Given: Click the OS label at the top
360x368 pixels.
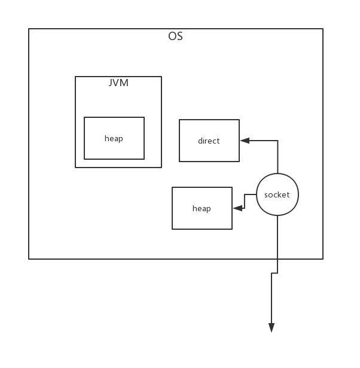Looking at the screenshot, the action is pos(175,37).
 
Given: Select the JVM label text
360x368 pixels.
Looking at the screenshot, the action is pos(118,83).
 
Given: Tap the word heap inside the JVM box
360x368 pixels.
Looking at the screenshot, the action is pos(114,138).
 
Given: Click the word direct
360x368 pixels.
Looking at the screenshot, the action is pos(209,141).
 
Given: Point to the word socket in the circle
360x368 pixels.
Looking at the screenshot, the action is pos(277,194).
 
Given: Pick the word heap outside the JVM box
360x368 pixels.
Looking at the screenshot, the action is pos(202,208).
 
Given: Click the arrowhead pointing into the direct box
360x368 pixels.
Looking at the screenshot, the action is pos(245,141).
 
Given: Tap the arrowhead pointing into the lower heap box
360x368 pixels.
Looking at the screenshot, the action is pos(237,208).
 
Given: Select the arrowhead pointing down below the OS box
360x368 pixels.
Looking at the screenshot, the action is pos(271,328).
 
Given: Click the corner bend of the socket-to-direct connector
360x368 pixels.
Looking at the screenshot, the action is pos(278,141).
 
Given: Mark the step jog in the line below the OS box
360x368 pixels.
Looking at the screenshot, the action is pos(274,273).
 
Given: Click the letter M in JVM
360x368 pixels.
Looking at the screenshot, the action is pos(124,83).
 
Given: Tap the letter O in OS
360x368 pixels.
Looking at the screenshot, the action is pos(172,37).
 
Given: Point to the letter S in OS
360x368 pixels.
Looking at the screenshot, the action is pos(180,37).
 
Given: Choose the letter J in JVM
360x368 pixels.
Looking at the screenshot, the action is pos(111,83).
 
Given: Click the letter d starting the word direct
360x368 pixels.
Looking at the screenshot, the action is pos(200,141).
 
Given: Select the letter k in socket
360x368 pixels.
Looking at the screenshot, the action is pos(281,194).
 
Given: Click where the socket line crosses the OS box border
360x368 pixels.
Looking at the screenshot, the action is pos(277,259).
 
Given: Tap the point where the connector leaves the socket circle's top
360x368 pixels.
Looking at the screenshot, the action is pos(278,174).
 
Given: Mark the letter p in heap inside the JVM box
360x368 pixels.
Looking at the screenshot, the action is pos(121,139).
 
